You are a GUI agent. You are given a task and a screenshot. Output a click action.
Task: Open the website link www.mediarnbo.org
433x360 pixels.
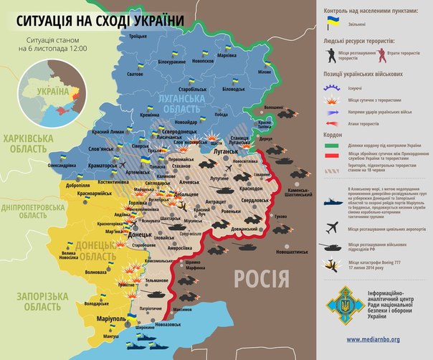tap(373, 338)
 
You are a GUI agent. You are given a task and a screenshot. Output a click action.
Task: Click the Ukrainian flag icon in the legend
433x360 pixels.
tap(333, 24)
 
